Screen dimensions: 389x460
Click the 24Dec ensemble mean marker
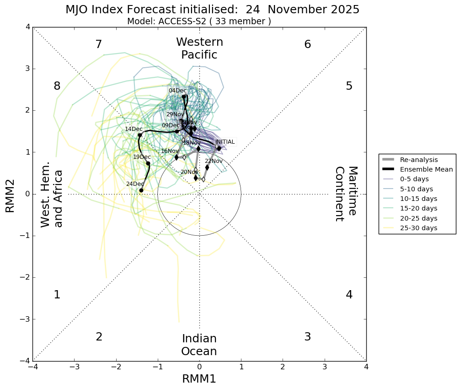pyautogui.click(x=141, y=190)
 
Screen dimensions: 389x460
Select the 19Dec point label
pyautogui.click(x=142, y=157)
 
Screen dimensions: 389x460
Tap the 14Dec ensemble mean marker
pyautogui.click(x=140, y=135)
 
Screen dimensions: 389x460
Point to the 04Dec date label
pyautogui.click(x=177, y=91)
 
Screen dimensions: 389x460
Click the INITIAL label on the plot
pyautogui.click(x=225, y=142)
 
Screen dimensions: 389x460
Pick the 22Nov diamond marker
pyautogui.click(x=207, y=167)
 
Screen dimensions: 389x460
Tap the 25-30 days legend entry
pyautogui.click(x=418, y=228)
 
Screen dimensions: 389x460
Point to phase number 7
pyautogui.click(x=98, y=45)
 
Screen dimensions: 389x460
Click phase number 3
pyautogui.click(x=307, y=337)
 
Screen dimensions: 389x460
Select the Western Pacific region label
pyautogui.click(x=199, y=49)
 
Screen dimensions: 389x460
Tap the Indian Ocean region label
pyautogui.click(x=199, y=345)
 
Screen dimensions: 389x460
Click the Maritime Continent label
pyautogui.click(x=346, y=194)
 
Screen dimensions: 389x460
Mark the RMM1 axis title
pyautogui.click(x=199, y=379)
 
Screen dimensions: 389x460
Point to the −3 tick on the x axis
pyautogui.click(x=75, y=367)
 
